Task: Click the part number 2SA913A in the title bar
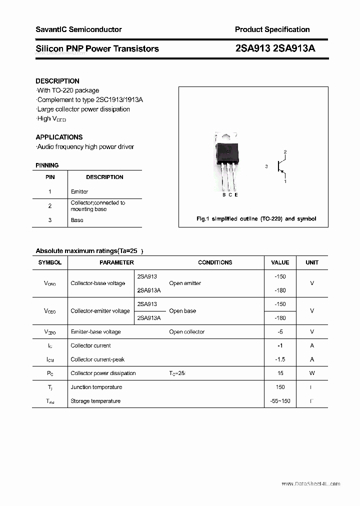pos(295,48)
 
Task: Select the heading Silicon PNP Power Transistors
pos(97,48)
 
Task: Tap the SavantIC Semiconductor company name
pos(78,29)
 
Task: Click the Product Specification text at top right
pos(272,29)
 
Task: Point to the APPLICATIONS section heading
pos(59,137)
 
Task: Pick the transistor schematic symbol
pos(280,166)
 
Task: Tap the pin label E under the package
pos(236,194)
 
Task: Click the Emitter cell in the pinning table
pos(79,191)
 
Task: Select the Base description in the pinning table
pos(77,220)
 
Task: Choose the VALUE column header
pos(280,262)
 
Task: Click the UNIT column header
pos(312,262)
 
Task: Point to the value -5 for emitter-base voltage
pos(280,331)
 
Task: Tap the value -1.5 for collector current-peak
pos(280,359)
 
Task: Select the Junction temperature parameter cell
pos(96,387)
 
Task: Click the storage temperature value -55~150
pos(280,401)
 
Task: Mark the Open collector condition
pos(186,331)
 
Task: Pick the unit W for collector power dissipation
pos(312,373)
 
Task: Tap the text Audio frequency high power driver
pos(85,147)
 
